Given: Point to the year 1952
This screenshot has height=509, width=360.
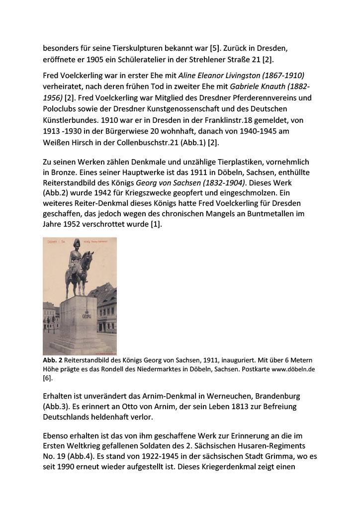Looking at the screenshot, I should (x=79, y=225).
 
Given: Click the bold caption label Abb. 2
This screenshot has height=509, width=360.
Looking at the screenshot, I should (x=51, y=359).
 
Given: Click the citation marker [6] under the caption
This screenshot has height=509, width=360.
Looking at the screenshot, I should (x=48, y=378).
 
